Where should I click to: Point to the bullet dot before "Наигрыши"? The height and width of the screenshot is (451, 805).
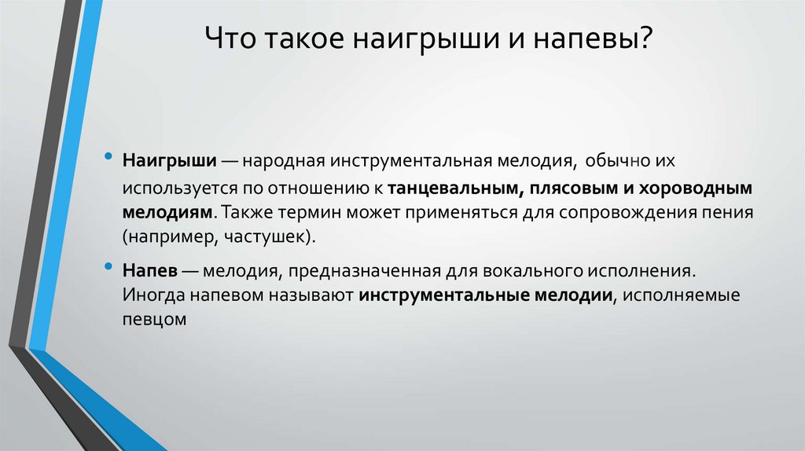pyautogui.click(x=108, y=157)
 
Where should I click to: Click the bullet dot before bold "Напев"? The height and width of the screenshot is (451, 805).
pyautogui.click(x=108, y=269)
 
